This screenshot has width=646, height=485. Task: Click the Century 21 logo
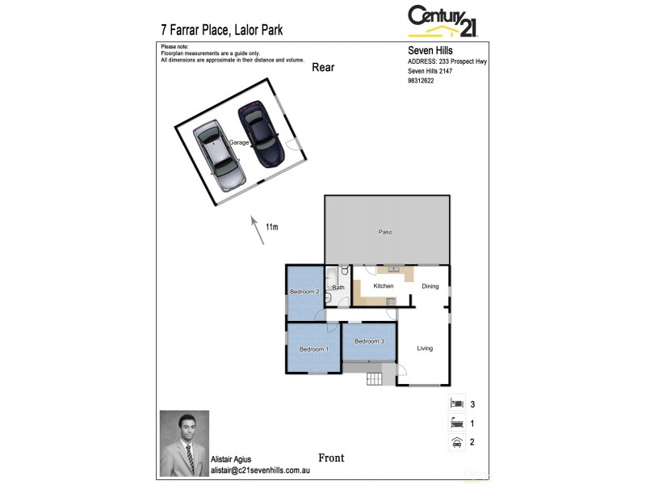[x=443, y=20]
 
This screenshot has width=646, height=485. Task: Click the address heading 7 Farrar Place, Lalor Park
[x=222, y=31]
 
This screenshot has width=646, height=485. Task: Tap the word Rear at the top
[x=323, y=67]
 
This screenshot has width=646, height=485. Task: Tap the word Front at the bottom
[x=331, y=458]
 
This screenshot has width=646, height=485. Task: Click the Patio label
[x=385, y=232]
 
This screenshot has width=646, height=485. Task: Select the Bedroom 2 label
[x=304, y=291]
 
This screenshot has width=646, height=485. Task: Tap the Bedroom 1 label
[x=313, y=349]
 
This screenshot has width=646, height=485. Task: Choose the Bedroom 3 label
[x=369, y=341]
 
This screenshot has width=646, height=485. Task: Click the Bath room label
[x=338, y=287]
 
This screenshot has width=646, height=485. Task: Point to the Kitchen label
[x=383, y=286]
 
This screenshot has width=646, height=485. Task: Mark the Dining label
[x=430, y=286]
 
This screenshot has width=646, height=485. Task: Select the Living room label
[x=425, y=348]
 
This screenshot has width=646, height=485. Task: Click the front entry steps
[x=374, y=379]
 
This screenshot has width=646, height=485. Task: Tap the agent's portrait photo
[x=184, y=444]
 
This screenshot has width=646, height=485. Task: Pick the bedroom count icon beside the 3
[x=456, y=403]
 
